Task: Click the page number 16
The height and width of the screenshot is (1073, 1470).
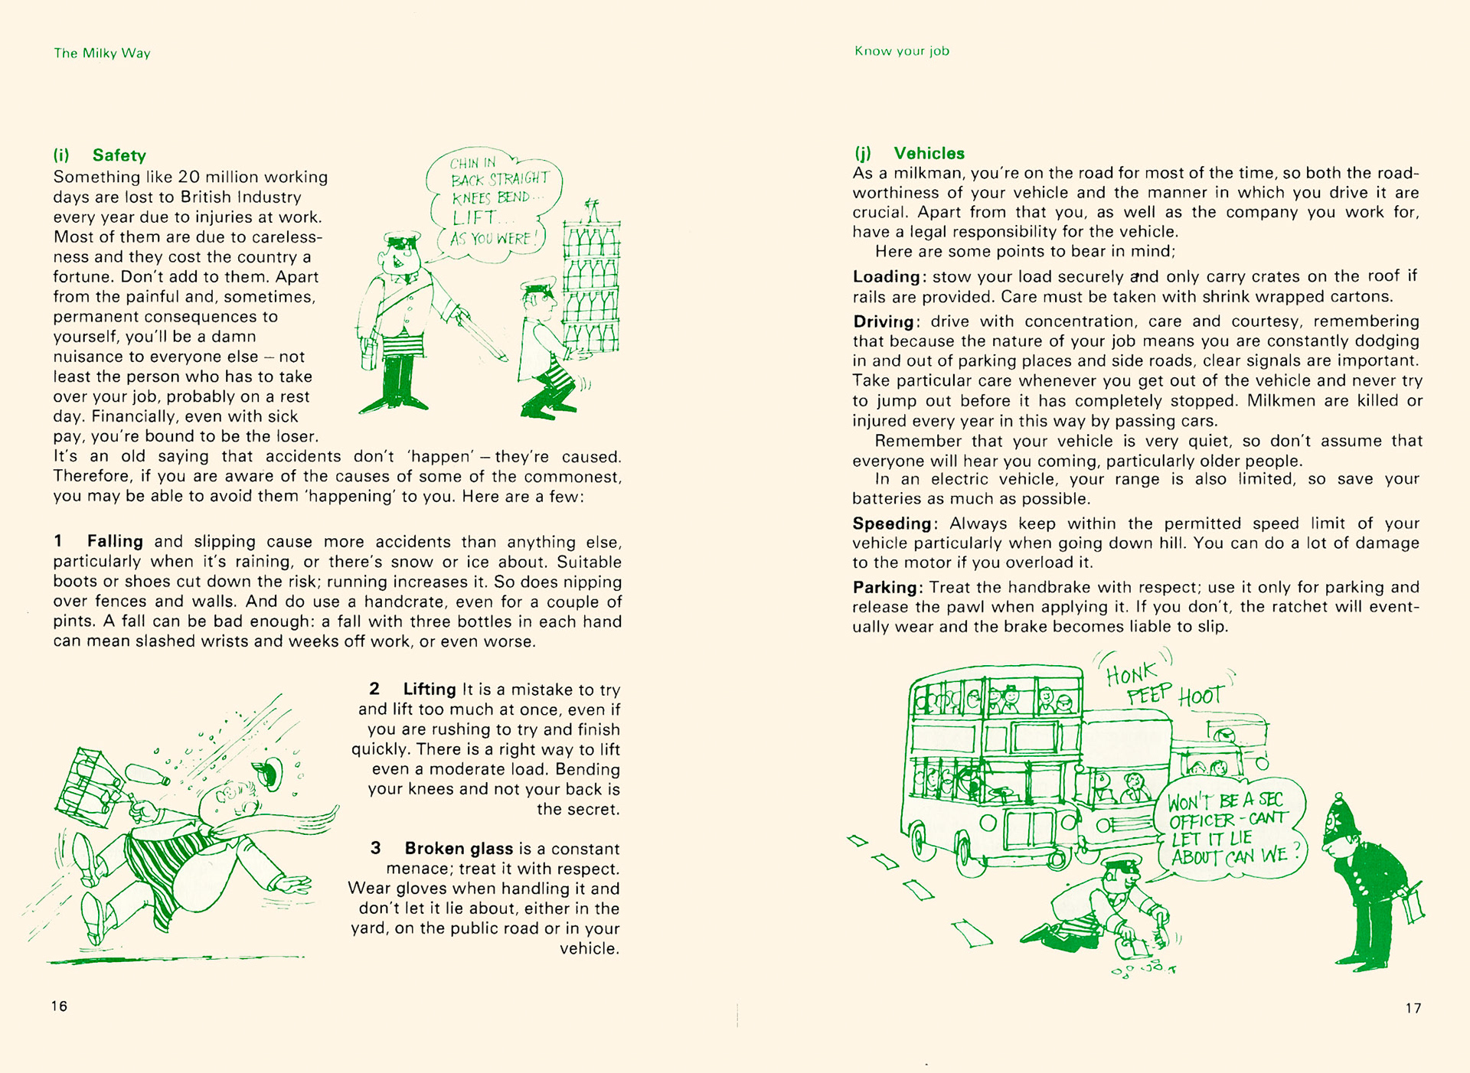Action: [x=60, y=1006]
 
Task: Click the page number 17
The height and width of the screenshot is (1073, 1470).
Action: [x=1413, y=1008]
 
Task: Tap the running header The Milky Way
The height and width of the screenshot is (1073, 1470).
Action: [x=102, y=53]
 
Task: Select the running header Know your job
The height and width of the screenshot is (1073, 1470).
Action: [x=901, y=51]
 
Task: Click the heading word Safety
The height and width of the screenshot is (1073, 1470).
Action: [x=119, y=155]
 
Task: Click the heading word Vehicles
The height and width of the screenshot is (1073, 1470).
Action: [x=929, y=153]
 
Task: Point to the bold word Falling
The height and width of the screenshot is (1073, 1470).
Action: [x=115, y=541]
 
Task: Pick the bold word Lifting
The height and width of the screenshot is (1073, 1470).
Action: [x=429, y=689]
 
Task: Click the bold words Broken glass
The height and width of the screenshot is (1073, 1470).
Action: [x=459, y=848]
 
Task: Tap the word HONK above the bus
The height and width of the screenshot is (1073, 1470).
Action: [x=1132, y=675]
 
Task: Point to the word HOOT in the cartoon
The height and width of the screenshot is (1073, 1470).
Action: [x=1200, y=696]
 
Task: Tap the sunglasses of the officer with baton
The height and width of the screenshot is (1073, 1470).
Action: [x=403, y=244]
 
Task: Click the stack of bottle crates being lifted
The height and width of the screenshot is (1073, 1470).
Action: [x=591, y=287]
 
